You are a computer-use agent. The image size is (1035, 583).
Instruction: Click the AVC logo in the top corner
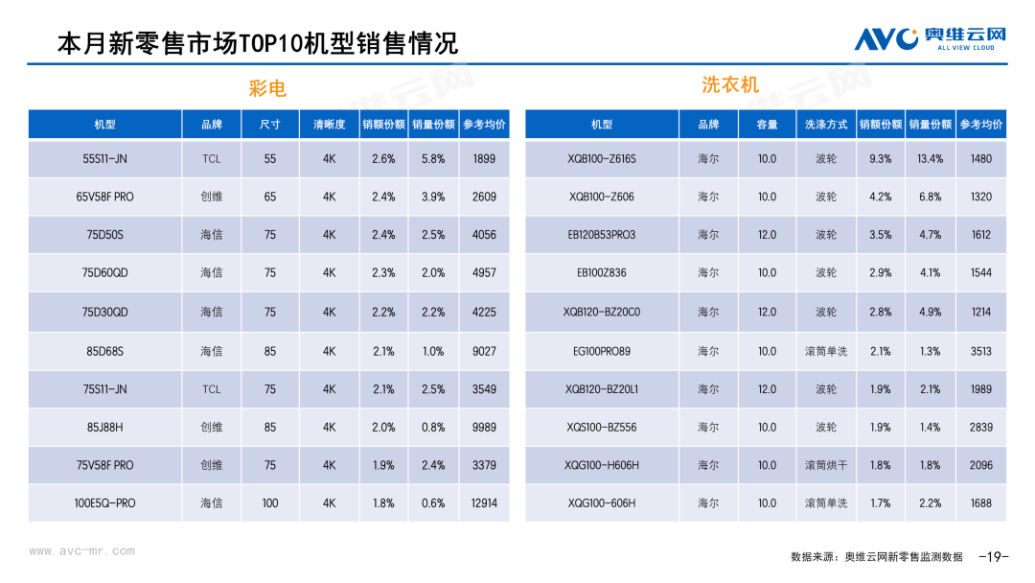coord(930,38)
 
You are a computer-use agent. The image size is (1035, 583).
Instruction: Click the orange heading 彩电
coord(267,89)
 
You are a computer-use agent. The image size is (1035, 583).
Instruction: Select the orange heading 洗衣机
coord(730,84)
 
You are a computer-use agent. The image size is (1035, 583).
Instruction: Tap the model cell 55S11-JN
coord(104,159)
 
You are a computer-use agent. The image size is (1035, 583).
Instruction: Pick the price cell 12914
coord(484,503)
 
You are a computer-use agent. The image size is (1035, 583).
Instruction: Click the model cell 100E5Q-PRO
coord(104,503)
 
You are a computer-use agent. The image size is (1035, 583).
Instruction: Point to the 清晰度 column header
coord(329,125)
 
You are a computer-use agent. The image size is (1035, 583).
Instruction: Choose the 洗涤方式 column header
coord(826,125)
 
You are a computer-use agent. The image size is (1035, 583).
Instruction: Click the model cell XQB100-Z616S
coord(601,159)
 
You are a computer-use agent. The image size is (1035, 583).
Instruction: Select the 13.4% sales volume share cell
coord(930,159)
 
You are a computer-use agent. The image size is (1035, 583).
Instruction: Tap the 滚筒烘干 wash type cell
coord(826,465)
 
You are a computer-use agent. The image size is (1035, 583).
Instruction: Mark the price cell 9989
coord(484,427)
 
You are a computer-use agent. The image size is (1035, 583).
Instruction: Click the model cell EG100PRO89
coord(601,351)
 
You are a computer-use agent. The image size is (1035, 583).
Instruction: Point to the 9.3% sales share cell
coord(880,159)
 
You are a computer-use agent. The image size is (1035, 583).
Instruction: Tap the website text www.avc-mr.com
coord(81,551)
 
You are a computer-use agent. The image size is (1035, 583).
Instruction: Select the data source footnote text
coord(876,557)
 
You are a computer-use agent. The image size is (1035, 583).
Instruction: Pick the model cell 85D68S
coord(104,351)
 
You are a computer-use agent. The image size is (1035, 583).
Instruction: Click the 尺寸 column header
coord(270,125)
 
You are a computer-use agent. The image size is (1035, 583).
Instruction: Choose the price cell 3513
coord(980,351)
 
